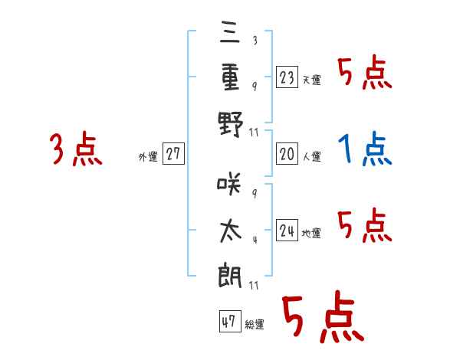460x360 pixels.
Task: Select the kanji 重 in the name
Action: coord(230,78)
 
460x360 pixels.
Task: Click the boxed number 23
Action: coord(287,77)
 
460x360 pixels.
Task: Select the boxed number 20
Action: coord(287,154)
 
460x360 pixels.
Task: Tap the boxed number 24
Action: coord(287,231)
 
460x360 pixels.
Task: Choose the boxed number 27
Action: coord(173,154)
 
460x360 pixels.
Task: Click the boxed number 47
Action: coord(228,322)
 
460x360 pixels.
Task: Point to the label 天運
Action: coord(311,80)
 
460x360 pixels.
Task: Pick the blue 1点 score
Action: coord(365,149)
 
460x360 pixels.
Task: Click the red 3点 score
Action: coord(76,149)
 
